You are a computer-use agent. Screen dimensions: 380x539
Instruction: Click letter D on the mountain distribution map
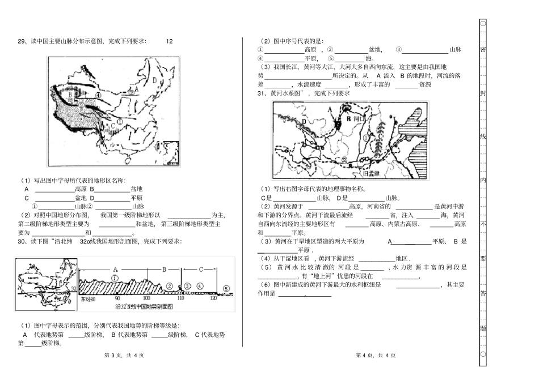[154, 80]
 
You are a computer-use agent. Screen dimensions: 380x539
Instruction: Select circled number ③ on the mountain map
[81, 105]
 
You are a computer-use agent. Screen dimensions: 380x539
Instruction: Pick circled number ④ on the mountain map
[98, 96]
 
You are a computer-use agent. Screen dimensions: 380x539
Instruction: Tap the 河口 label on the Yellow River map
[358, 121]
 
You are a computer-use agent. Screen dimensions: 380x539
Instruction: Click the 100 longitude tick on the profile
[146, 297]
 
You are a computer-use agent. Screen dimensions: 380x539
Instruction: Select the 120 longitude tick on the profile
[213, 297]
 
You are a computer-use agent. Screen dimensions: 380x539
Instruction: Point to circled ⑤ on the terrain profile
[226, 288]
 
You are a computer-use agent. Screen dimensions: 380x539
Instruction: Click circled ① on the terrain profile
[114, 278]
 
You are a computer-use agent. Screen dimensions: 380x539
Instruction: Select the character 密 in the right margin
[483, 49]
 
